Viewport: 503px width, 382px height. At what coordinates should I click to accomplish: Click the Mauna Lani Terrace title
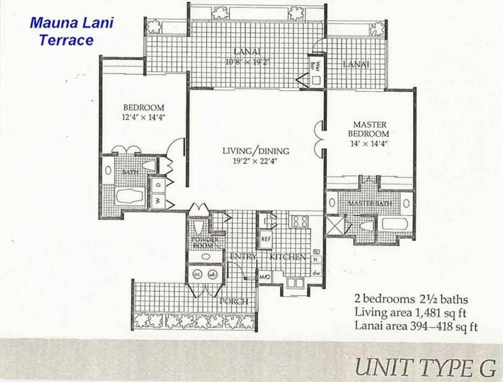point(71,31)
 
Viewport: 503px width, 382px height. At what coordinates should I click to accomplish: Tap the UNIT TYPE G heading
point(425,367)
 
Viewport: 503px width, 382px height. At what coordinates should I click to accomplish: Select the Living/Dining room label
point(256,151)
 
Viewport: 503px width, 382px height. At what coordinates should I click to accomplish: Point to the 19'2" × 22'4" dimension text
point(256,161)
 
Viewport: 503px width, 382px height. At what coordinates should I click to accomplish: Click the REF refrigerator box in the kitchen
point(266,239)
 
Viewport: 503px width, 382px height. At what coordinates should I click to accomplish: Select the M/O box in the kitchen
point(265,276)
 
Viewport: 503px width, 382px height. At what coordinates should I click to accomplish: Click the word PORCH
point(234,301)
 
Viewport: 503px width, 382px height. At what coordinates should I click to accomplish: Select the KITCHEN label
point(288,257)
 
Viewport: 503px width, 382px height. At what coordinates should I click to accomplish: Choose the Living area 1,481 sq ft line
point(410,313)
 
